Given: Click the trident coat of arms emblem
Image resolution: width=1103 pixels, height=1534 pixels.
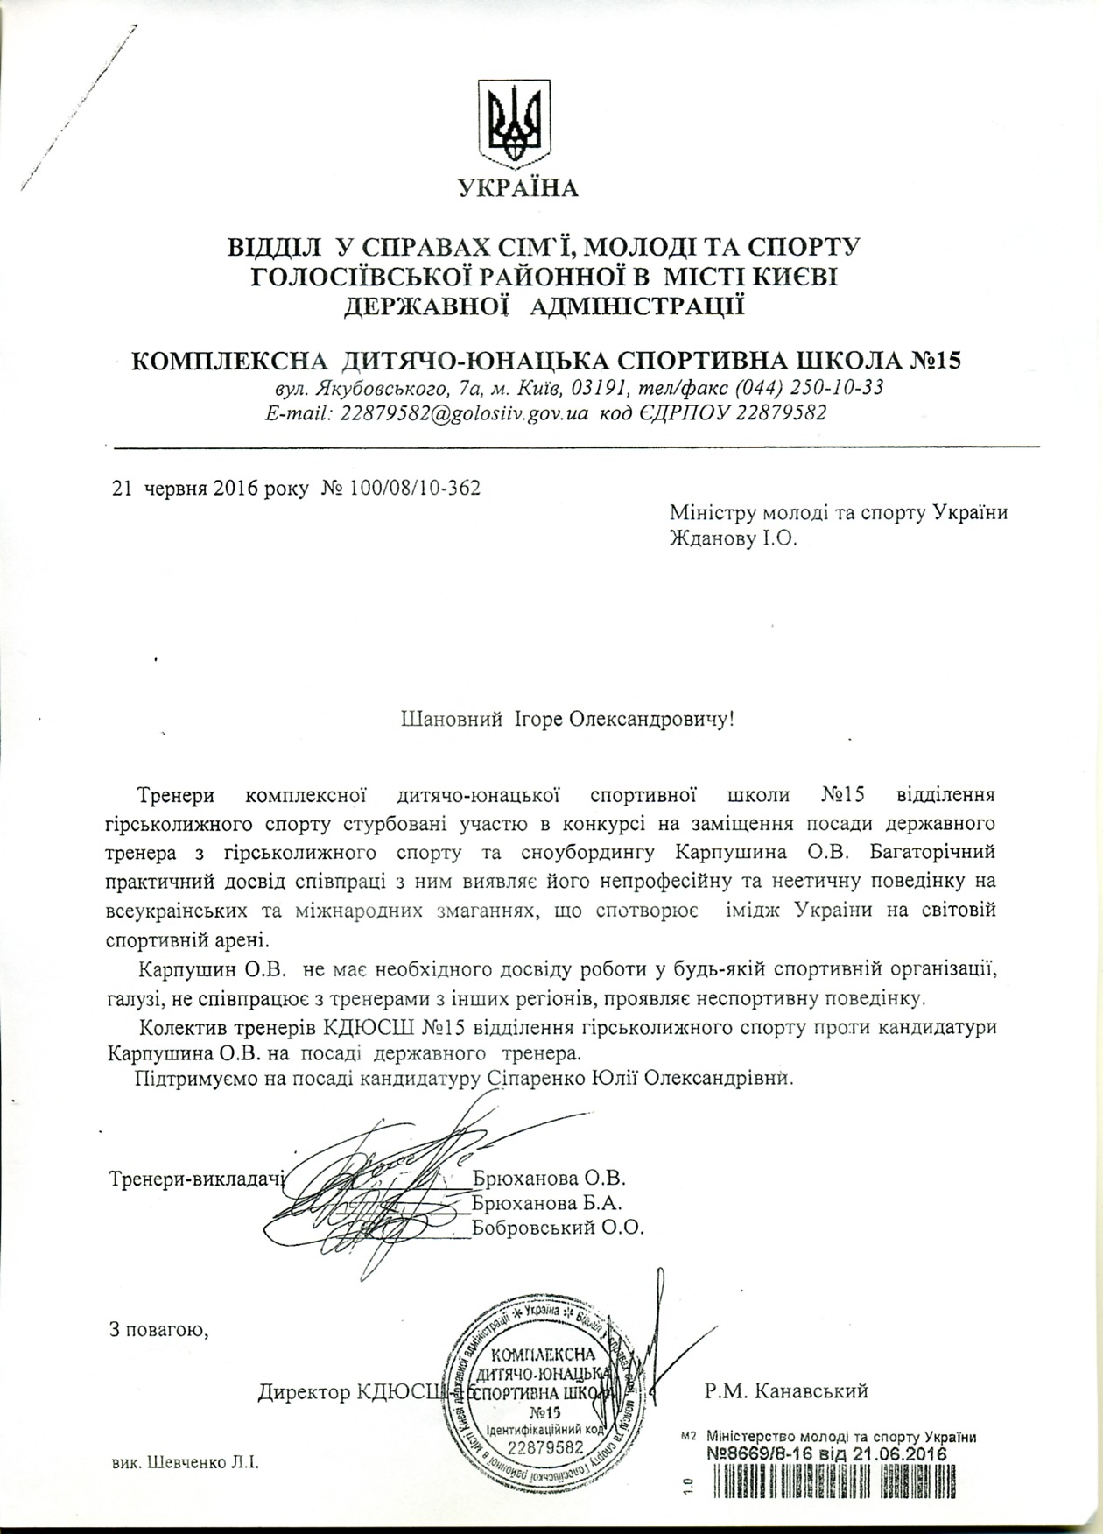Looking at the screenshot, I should pyautogui.click(x=513, y=120).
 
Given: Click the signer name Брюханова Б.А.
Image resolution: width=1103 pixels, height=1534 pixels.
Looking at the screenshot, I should pyautogui.click(x=548, y=1201).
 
